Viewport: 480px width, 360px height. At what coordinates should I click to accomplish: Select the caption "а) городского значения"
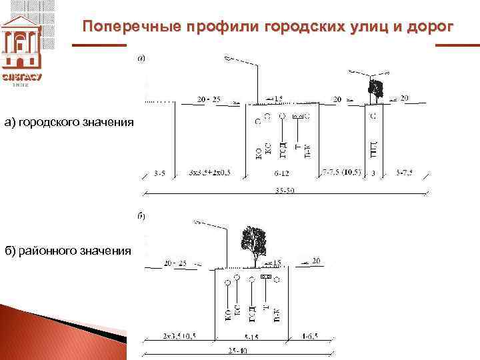pyautogui.click(x=69, y=122)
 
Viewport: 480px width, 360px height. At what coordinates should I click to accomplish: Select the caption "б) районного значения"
pyautogui.click(x=68, y=251)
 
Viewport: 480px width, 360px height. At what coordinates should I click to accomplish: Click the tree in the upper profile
pyautogui.click(x=375, y=89)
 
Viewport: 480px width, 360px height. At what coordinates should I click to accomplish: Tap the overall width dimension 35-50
pyautogui.click(x=285, y=191)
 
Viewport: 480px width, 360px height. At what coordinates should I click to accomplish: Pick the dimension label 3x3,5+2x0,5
pyautogui.click(x=209, y=173)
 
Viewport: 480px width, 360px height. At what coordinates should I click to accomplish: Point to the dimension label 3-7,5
pyautogui.click(x=404, y=173)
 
